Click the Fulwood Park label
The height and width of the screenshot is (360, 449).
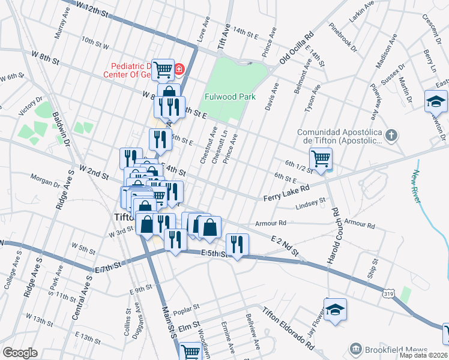tap(230, 97)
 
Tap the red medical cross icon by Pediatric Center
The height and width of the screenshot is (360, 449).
tap(179, 70)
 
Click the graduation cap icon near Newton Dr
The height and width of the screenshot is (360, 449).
tap(436, 101)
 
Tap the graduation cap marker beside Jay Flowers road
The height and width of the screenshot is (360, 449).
tap(336, 309)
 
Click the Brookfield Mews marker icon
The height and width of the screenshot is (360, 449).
tap(356, 350)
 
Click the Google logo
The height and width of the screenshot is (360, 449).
tap(20, 353)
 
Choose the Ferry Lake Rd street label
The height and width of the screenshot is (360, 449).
tap(286, 193)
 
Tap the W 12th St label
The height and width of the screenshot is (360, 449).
tap(93, 8)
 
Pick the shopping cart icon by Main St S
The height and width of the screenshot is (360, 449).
tap(191, 352)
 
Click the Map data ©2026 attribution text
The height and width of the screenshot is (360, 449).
tap(423, 355)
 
